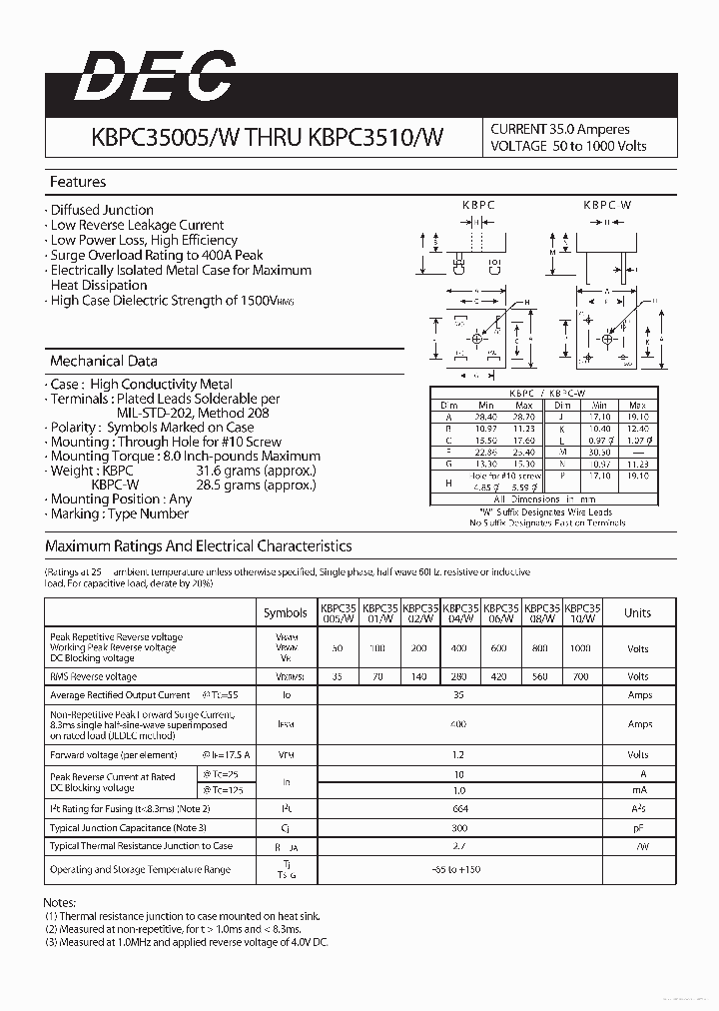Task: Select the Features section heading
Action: pos(78,182)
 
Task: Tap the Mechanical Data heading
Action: pos(104,361)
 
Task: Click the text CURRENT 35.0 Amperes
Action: pos(559,129)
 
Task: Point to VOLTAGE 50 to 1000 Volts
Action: pos(568,146)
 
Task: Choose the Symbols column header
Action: pos(286,612)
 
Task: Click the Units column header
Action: pos(637,612)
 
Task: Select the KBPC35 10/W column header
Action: pos(582,612)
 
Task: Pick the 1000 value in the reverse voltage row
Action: pos(580,648)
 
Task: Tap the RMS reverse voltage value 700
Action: pos(580,676)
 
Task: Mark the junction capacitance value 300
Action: pos(458,828)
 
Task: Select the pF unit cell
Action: pos(637,828)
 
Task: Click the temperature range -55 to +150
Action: pos(458,869)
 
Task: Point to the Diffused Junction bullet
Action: pos(101,210)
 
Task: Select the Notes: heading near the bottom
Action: pos(61,902)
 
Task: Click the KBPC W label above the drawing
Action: pos(607,205)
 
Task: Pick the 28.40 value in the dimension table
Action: pos(487,416)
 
